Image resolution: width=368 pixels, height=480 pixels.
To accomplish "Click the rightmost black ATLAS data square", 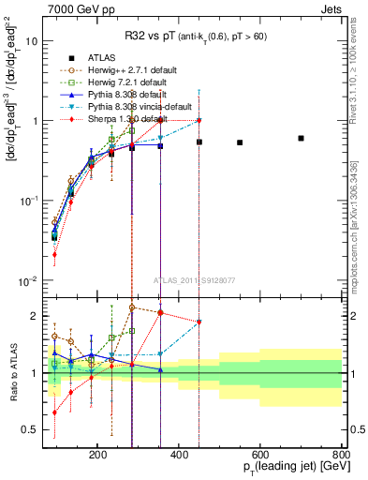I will point(301,138).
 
